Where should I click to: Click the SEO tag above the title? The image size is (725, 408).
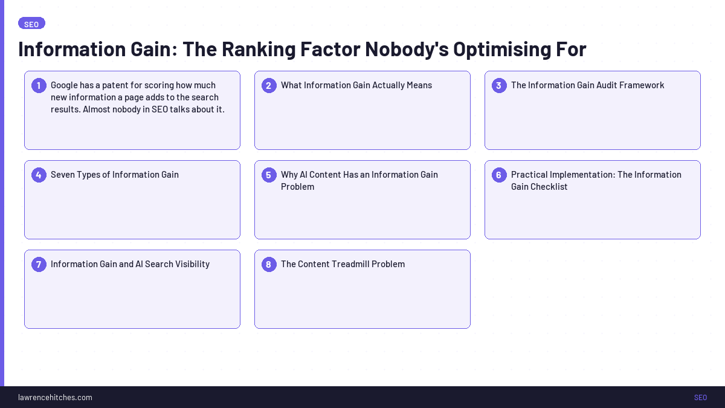pyautogui.click(x=31, y=24)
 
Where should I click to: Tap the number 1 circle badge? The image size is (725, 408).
pyautogui.click(x=39, y=85)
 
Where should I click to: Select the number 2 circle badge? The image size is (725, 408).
pyautogui.click(x=269, y=85)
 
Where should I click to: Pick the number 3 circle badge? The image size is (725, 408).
pyautogui.click(x=499, y=85)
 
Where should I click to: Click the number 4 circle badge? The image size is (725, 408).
pyautogui.click(x=39, y=175)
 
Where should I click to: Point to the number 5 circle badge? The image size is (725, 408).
pyautogui.click(x=269, y=175)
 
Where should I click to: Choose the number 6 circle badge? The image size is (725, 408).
pyautogui.click(x=499, y=175)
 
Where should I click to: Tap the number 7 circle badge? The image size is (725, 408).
pyautogui.click(x=39, y=264)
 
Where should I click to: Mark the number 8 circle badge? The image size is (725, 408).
pyautogui.click(x=269, y=264)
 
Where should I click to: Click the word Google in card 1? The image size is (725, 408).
pyautogui.click(x=65, y=85)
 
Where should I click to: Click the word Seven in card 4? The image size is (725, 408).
pyautogui.click(x=63, y=175)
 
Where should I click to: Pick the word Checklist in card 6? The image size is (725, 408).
pyautogui.click(x=549, y=187)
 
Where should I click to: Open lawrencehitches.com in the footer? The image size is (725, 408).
pyautogui.click(x=55, y=397)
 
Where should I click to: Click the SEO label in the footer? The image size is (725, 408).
pyautogui.click(x=700, y=397)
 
